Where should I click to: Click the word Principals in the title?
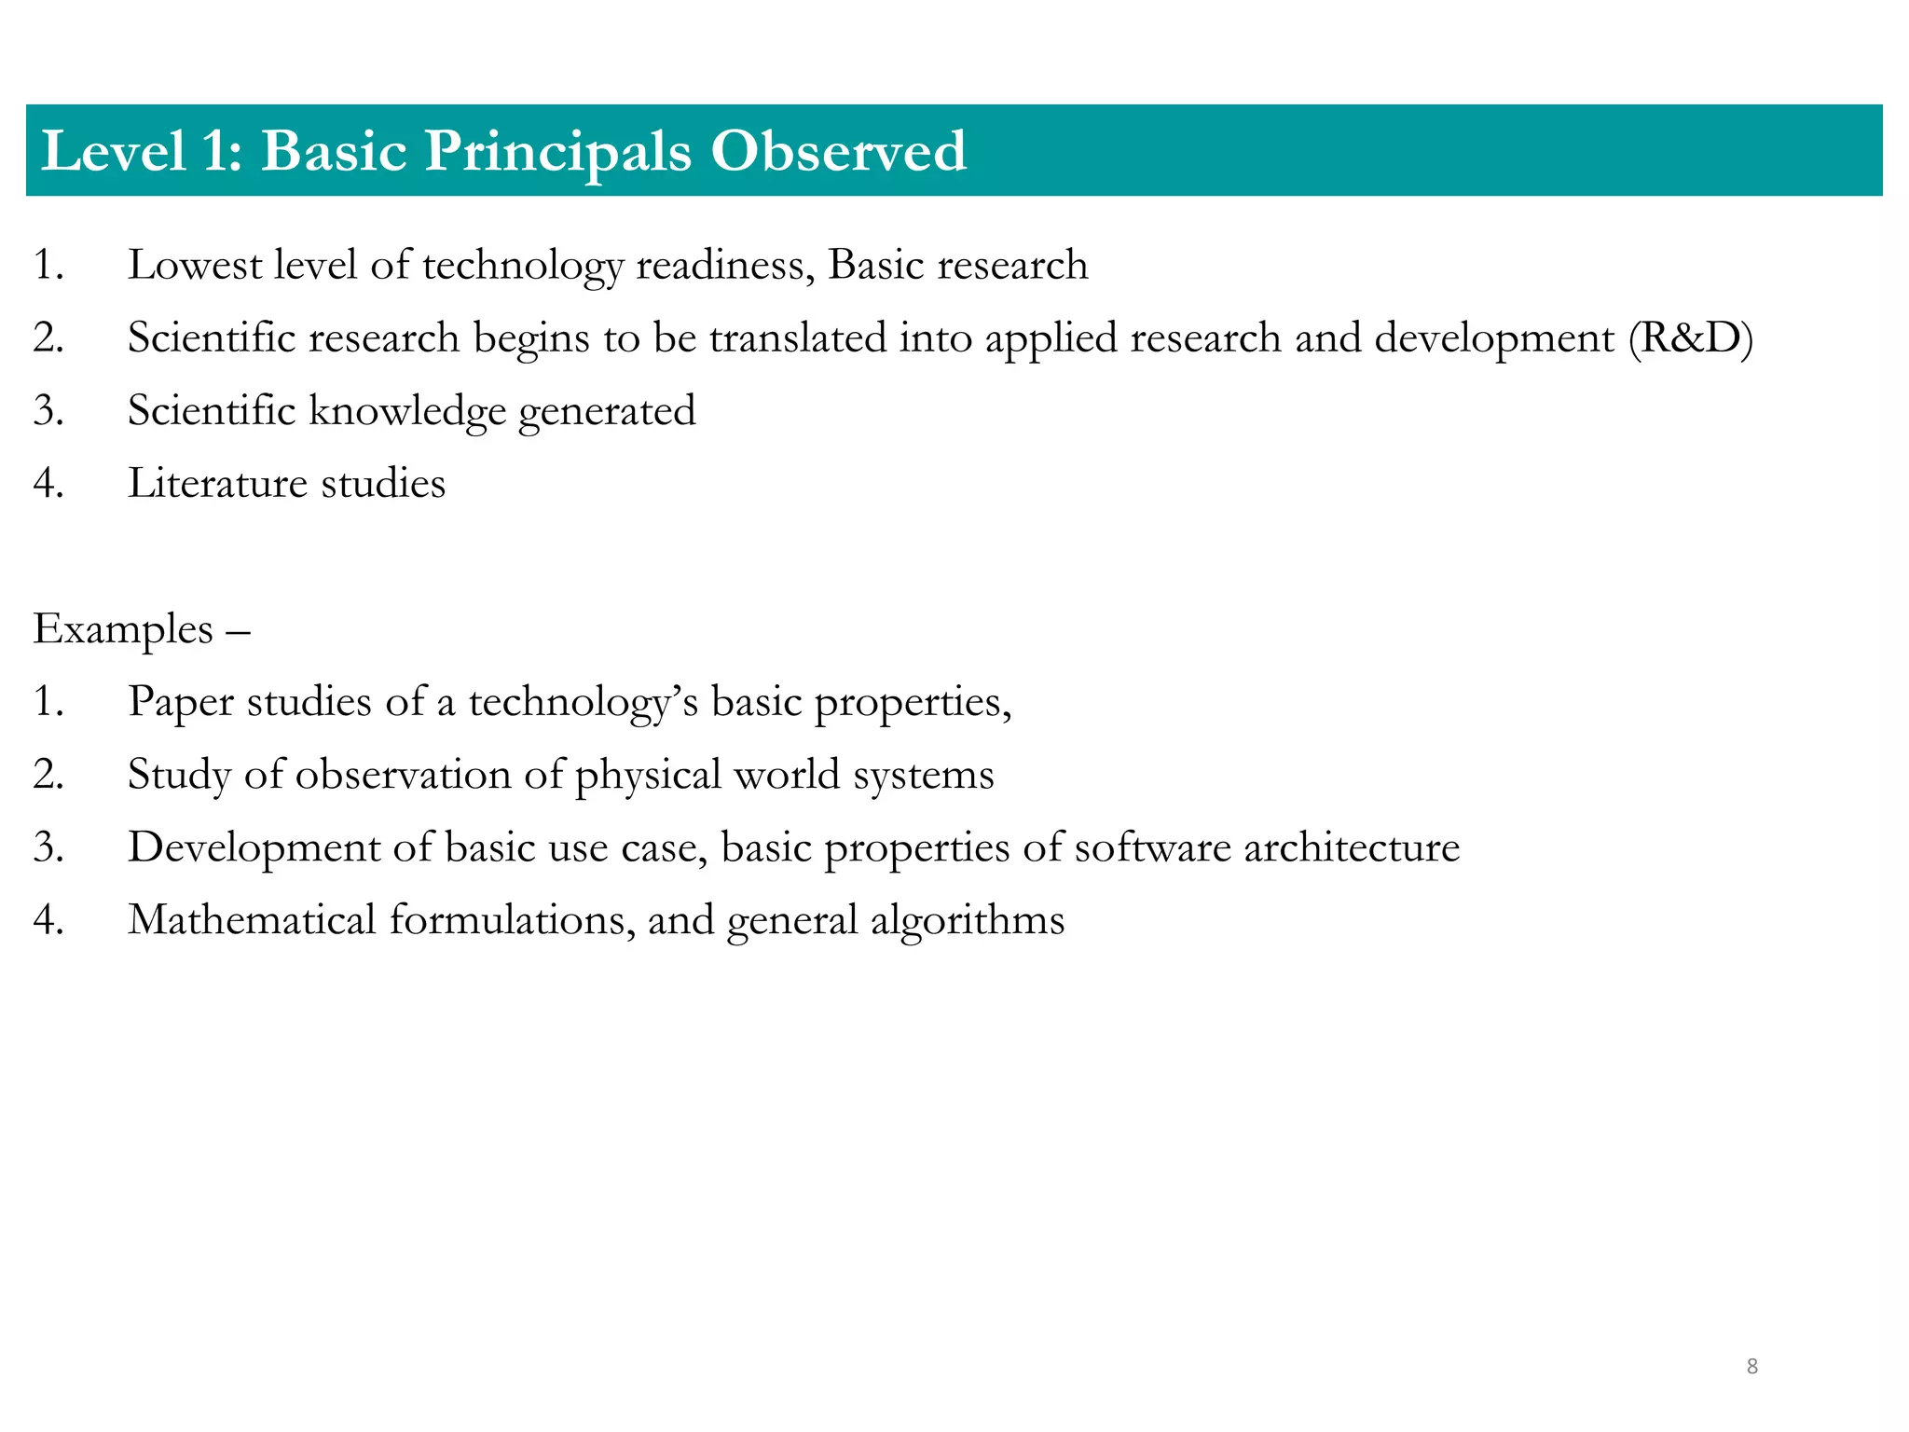tap(557, 151)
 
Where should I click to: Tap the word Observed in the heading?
tap(838, 151)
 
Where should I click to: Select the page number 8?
tap(1751, 1367)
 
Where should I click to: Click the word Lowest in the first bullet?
tap(195, 265)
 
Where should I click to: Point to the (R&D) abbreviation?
tap(1691, 337)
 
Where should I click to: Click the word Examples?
tap(123, 630)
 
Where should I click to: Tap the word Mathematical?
tap(252, 920)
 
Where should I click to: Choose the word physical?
tap(649, 775)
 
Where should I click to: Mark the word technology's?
tap(584, 702)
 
